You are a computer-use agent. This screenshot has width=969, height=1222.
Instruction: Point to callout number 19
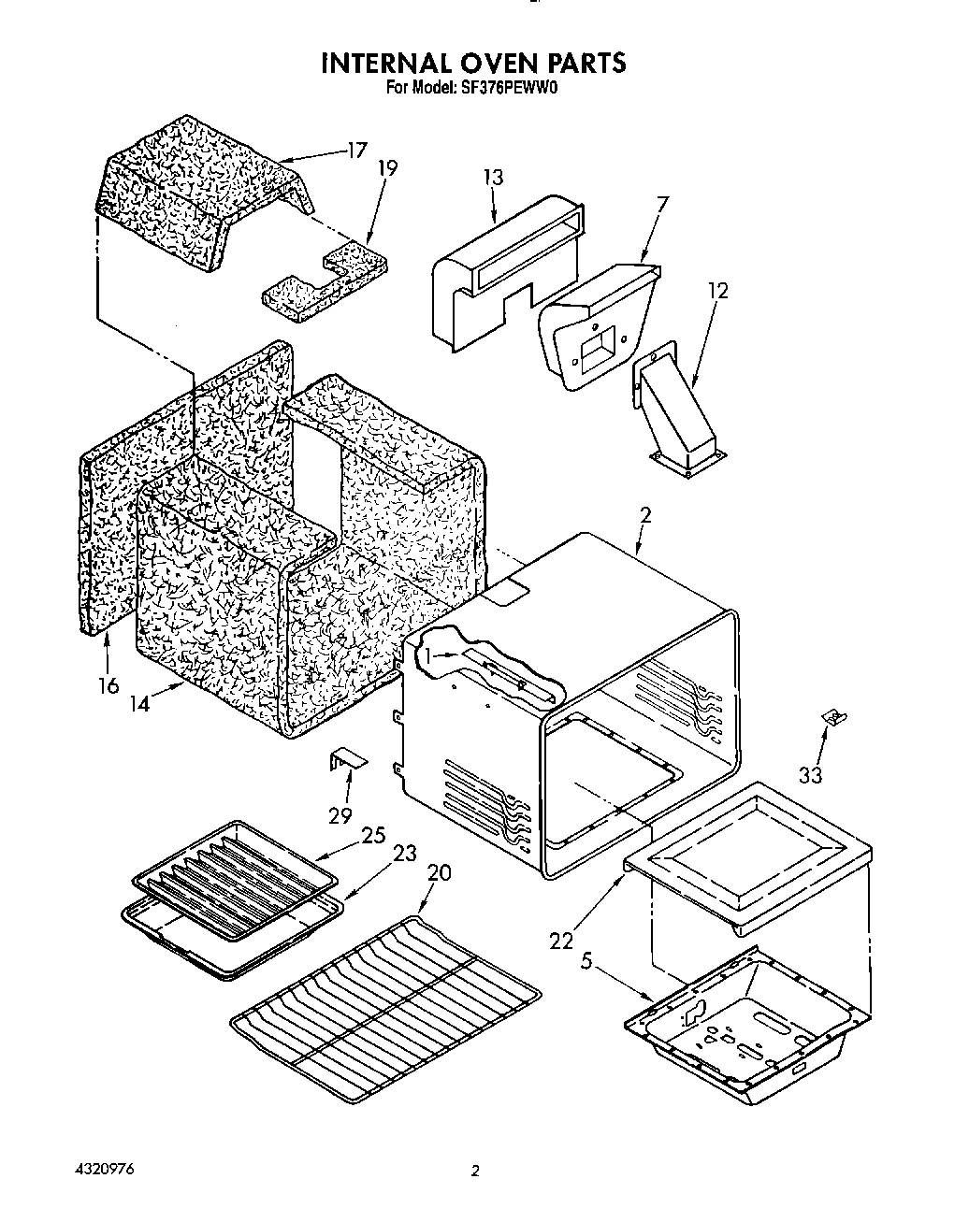[386, 168]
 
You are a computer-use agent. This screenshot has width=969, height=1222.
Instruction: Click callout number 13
[493, 177]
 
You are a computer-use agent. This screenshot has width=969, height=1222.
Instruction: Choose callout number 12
[717, 291]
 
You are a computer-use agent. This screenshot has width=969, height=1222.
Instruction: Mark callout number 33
[810, 775]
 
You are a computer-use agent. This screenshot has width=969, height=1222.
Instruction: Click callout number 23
[404, 853]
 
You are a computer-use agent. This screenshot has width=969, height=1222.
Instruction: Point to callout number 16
[108, 685]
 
